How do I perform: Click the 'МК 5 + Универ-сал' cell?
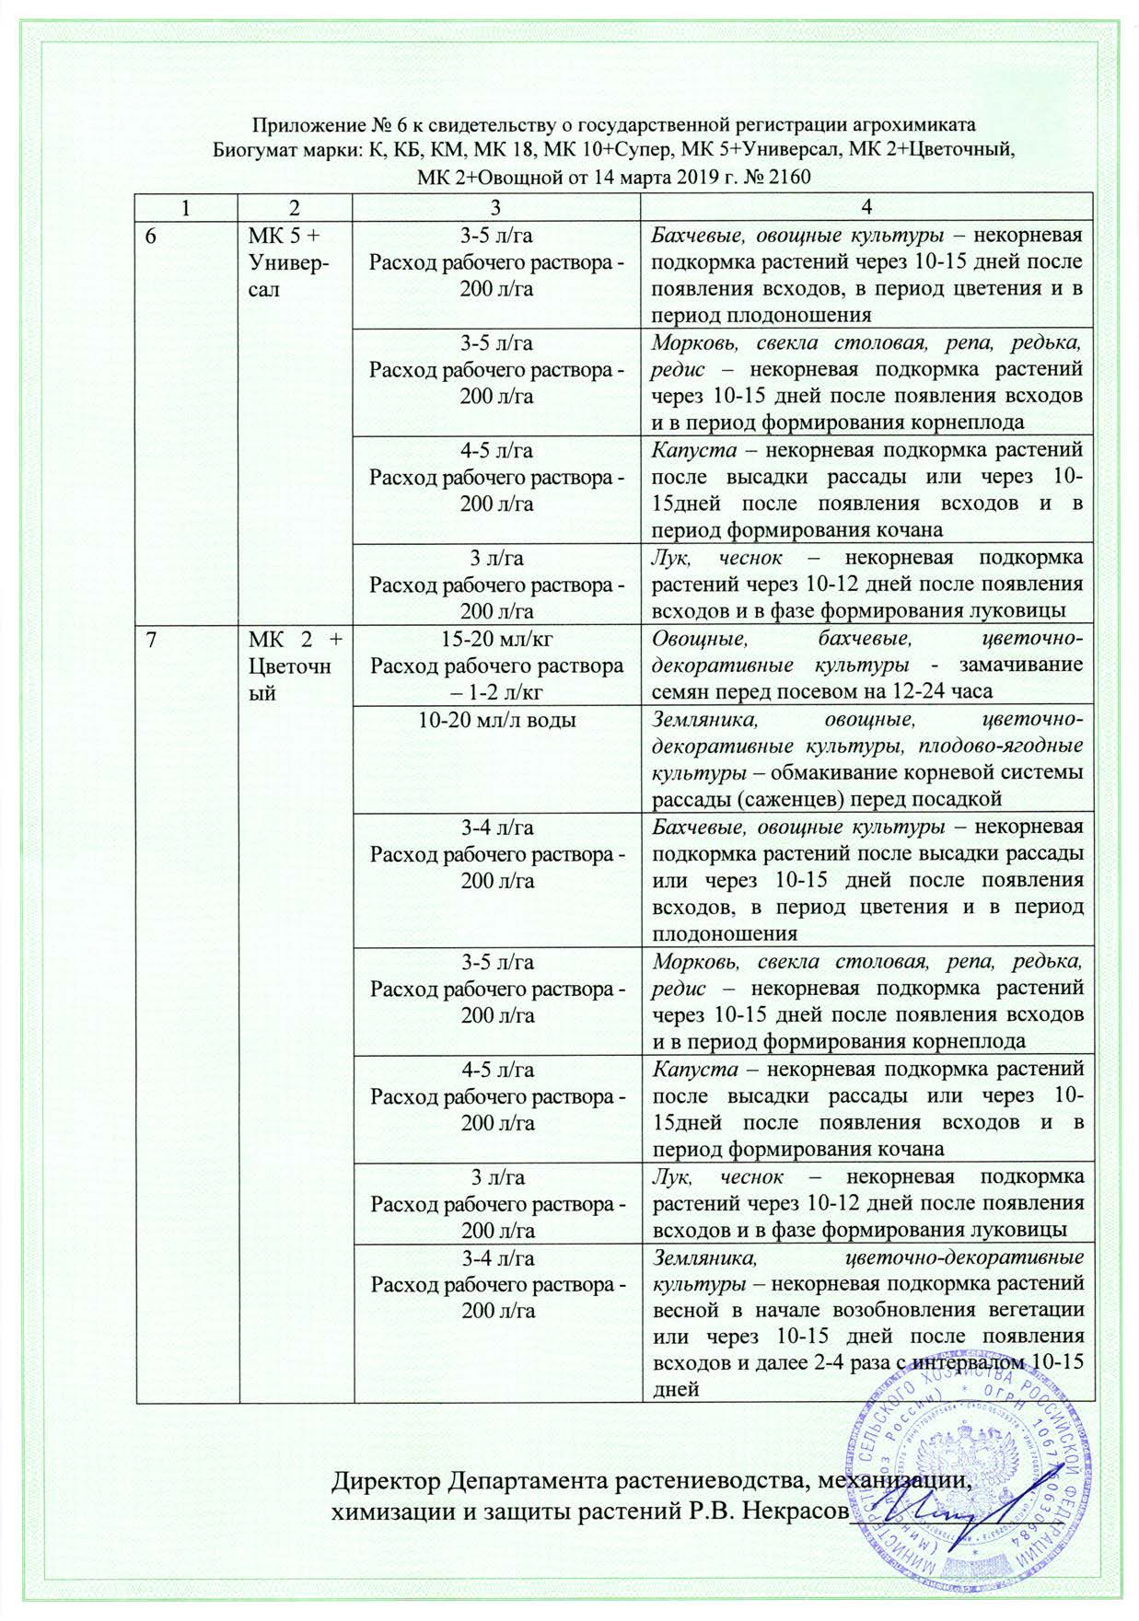click(291, 261)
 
